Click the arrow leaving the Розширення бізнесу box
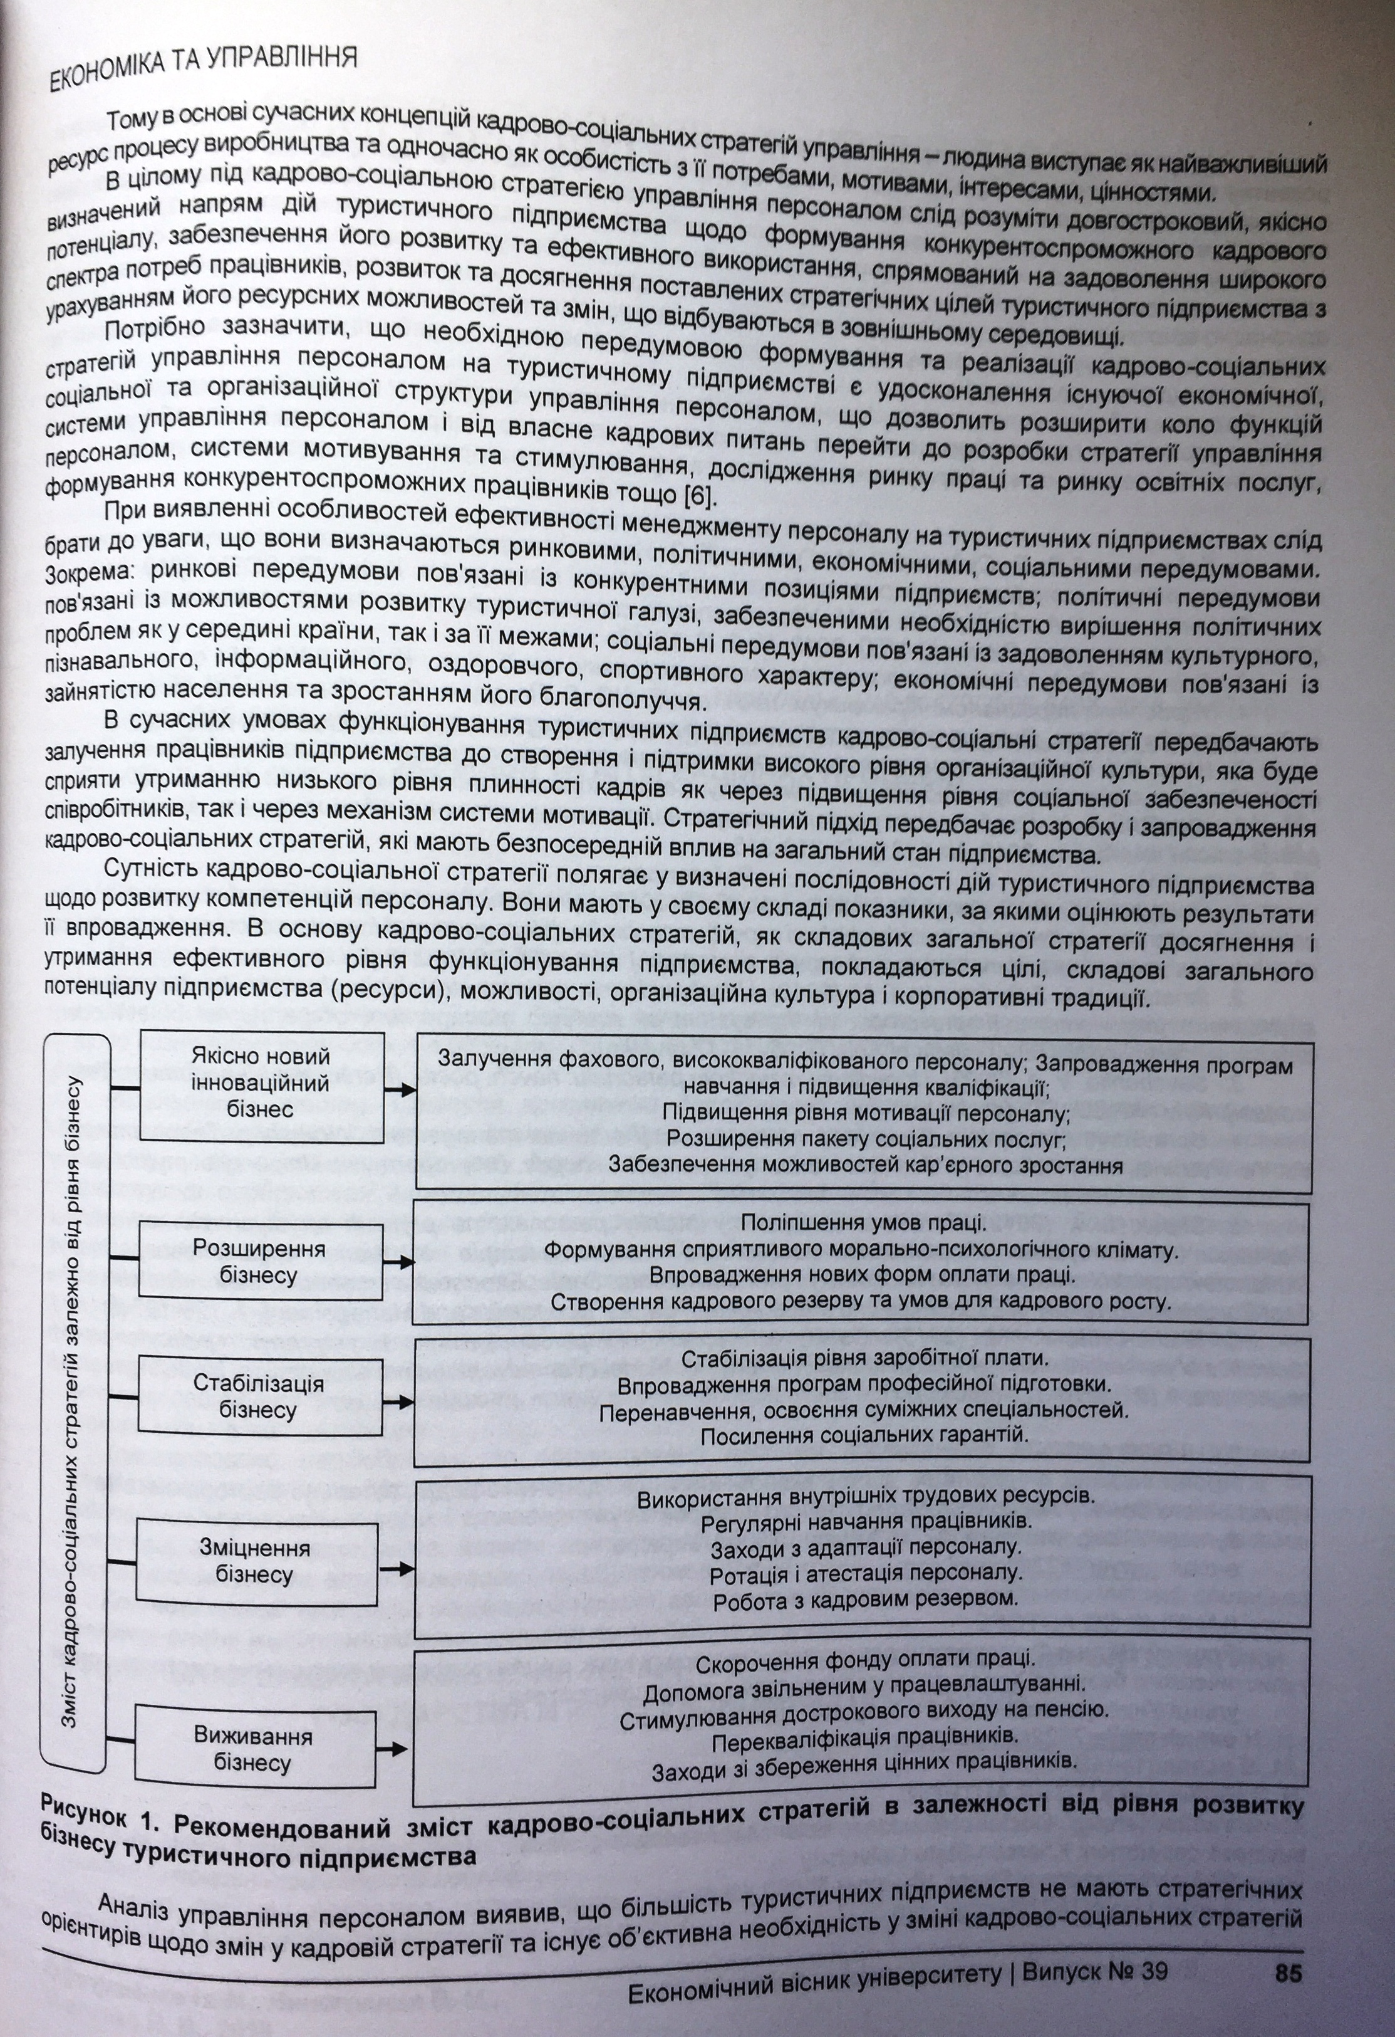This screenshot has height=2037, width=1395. tap(398, 1262)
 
